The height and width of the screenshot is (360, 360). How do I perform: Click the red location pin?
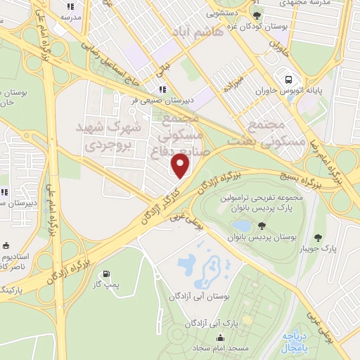(x=181, y=166)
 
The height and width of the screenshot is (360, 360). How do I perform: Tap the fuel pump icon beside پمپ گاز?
(x=105, y=274)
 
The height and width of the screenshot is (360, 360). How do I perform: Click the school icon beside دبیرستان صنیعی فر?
(x=162, y=89)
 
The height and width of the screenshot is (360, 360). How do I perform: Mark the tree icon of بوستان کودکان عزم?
(x=257, y=15)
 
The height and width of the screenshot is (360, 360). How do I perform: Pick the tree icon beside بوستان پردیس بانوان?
(x=261, y=226)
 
